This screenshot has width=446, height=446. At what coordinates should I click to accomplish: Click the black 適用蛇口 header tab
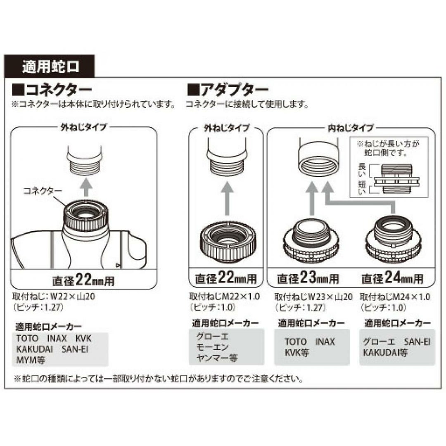click(x=49, y=66)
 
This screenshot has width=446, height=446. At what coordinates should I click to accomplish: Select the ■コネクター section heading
click(x=52, y=90)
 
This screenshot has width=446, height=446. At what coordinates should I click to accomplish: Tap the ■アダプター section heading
click(x=228, y=90)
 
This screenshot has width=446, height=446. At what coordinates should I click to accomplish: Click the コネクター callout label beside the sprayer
click(x=43, y=190)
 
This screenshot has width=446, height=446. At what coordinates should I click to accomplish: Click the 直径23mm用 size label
click(x=308, y=278)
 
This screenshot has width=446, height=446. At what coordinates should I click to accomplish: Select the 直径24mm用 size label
click(x=393, y=278)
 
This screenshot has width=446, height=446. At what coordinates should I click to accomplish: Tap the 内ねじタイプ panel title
click(x=351, y=128)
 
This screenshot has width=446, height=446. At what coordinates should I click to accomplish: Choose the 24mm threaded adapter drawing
click(x=394, y=240)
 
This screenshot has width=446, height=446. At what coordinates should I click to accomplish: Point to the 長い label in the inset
click(x=362, y=170)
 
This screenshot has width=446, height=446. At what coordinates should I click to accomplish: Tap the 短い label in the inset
click(x=362, y=188)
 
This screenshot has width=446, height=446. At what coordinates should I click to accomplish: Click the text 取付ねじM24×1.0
click(x=395, y=297)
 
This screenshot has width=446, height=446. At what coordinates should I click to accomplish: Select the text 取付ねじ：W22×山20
click(x=53, y=297)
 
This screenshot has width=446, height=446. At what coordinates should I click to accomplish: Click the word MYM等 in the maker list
click(x=31, y=361)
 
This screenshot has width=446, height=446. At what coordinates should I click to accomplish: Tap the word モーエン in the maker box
click(x=213, y=347)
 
